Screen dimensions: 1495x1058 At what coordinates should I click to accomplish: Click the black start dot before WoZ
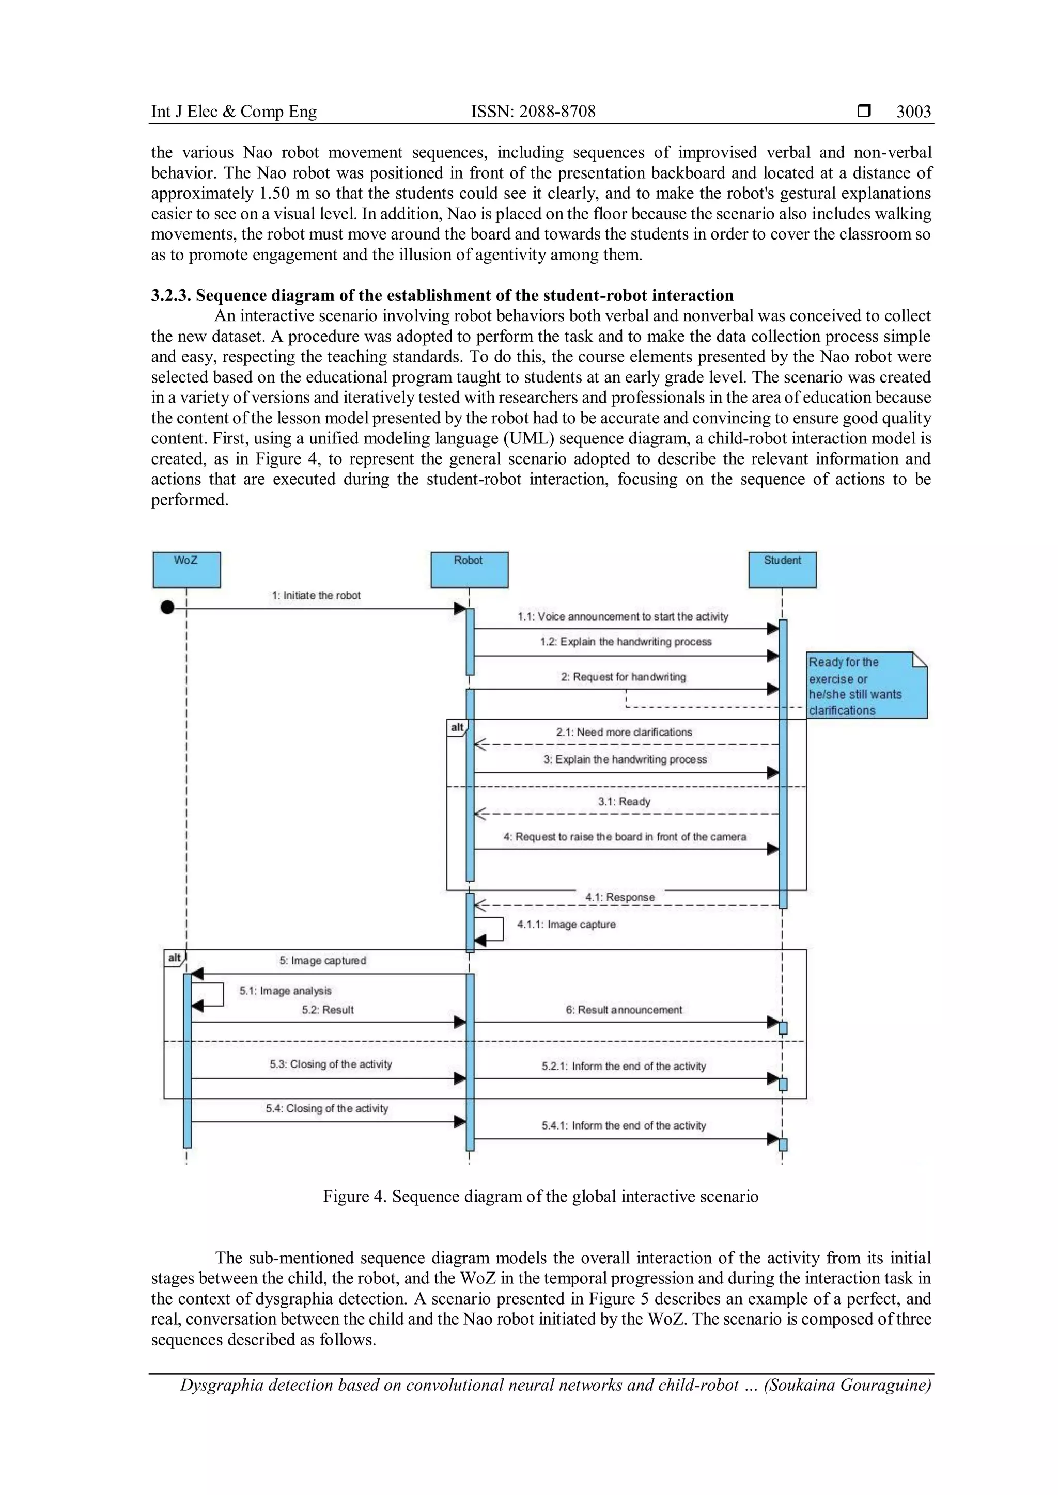coord(167,608)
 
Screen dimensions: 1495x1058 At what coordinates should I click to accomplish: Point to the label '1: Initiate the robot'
coord(316,595)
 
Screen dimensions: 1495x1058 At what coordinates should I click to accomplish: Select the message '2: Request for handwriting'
coord(624,677)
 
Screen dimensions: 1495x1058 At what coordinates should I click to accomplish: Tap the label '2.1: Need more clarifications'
coord(624,732)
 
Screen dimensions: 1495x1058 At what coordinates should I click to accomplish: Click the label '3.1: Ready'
coord(624,802)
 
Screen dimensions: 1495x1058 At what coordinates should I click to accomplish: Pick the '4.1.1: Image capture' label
coord(566,924)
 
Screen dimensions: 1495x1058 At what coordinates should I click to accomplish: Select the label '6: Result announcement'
coord(624,1010)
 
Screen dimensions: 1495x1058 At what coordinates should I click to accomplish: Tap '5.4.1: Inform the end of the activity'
coord(624,1125)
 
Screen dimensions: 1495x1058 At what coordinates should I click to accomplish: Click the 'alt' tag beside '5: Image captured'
coord(175,958)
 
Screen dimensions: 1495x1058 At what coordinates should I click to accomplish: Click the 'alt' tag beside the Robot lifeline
coord(457,727)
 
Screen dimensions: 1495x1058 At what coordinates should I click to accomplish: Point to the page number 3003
coord(913,112)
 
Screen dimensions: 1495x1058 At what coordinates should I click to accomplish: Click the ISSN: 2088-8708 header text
coord(533,112)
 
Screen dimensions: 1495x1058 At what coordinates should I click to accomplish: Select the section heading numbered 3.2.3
coord(442,296)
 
